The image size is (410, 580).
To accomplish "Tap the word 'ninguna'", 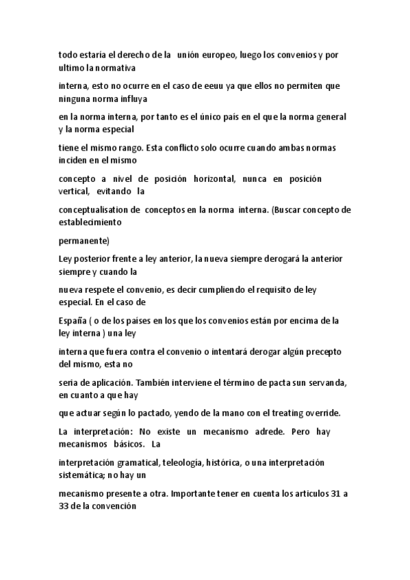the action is click(75, 98).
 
